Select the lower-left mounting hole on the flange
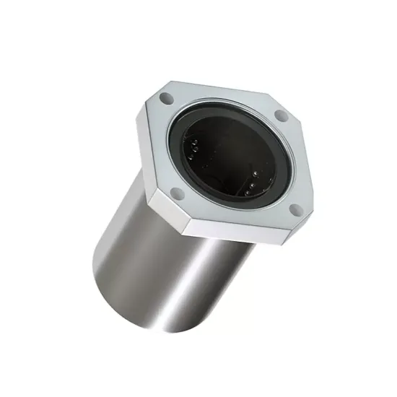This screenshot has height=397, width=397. coord(175,192)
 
